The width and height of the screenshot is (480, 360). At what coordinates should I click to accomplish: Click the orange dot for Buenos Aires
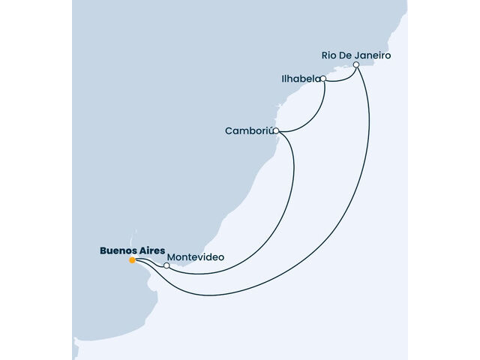point(132,260)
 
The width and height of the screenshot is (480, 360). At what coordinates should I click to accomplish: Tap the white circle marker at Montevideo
point(166,265)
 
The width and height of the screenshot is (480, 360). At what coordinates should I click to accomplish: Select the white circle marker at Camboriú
point(276,131)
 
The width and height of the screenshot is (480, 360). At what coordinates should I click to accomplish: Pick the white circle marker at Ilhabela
point(323,79)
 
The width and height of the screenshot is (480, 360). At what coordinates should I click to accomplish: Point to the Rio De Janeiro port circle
point(356,65)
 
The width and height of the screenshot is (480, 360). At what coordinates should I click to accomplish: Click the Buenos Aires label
point(132,250)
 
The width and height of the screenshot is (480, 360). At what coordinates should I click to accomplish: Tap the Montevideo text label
point(196,257)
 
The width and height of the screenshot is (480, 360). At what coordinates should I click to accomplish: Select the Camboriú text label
point(248,130)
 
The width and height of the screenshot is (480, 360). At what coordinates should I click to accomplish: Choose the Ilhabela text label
point(301,79)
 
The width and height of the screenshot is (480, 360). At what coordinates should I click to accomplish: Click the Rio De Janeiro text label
point(356,55)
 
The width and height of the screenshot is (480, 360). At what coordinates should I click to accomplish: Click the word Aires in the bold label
point(151,250)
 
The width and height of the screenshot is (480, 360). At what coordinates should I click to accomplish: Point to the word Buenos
point(117,250)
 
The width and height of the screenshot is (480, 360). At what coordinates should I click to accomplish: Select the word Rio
point(328,55)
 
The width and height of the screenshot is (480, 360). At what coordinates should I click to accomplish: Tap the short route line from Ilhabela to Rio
point(340,80)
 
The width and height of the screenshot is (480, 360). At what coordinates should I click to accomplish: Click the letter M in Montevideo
point(171,257)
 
